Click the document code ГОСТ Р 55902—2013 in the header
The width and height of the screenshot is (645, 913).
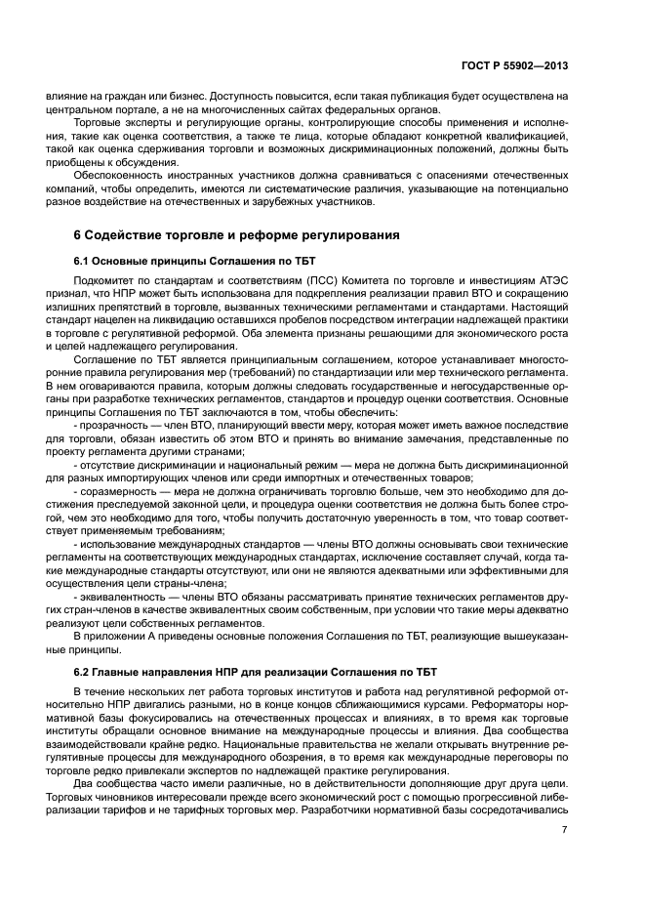514,66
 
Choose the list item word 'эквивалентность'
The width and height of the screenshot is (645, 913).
125,594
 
